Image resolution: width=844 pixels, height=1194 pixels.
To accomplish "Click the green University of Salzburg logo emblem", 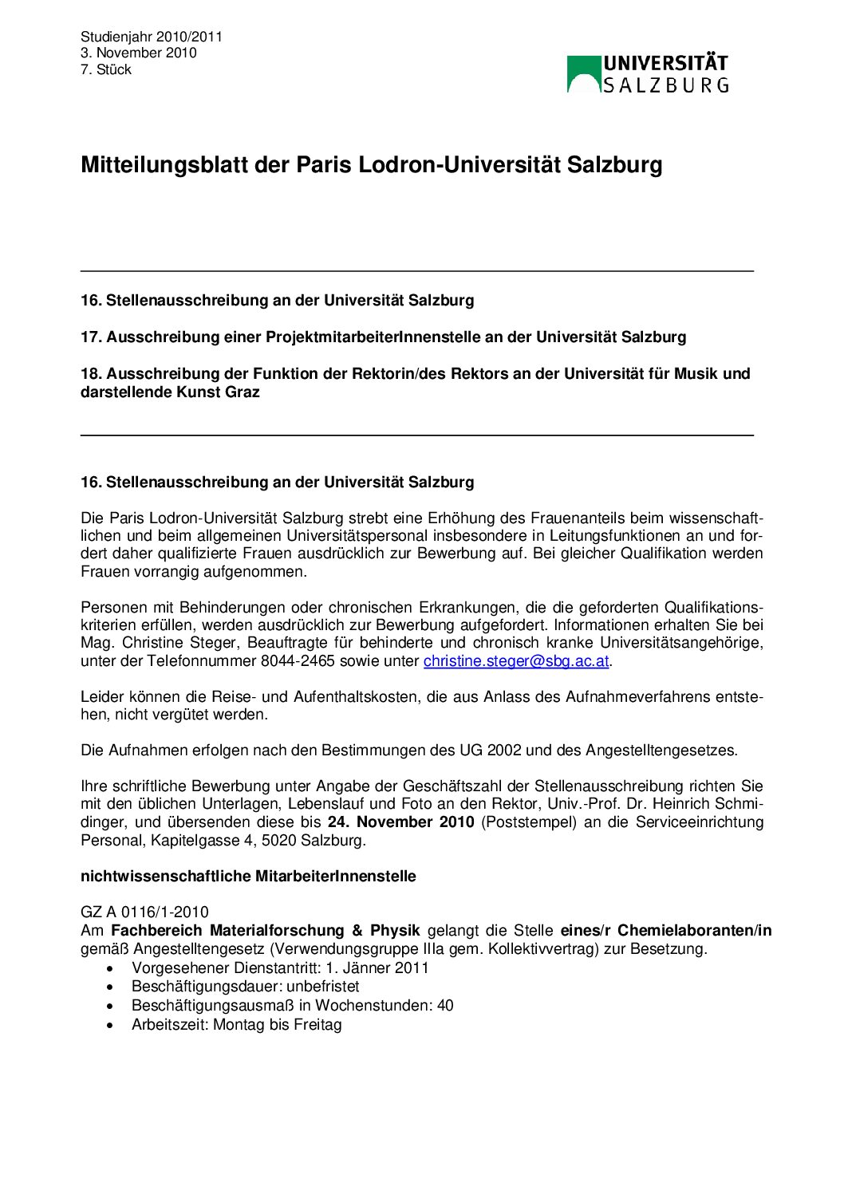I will (584, 74).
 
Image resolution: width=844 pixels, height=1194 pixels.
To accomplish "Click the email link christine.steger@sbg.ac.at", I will (516, 661).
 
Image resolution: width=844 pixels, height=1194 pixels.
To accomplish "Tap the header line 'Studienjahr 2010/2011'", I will (152, 37).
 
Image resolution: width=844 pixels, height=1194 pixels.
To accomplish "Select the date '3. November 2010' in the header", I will (139, 53).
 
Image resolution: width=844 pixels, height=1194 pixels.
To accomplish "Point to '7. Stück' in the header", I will (106, 70).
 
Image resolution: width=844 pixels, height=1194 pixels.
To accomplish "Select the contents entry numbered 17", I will (383, 337).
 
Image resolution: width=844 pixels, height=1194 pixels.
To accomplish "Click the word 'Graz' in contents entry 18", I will (243, 392).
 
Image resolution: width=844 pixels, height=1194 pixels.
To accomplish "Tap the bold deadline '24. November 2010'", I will (400, 822).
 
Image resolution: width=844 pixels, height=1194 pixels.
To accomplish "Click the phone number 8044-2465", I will (298, 661).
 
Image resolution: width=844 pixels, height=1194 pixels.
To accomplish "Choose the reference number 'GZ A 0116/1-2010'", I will (144, 912).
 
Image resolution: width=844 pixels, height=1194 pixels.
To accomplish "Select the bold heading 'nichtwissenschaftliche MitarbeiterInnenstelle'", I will (248, 877).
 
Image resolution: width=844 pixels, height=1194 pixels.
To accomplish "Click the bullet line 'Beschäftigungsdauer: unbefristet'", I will (245, 987).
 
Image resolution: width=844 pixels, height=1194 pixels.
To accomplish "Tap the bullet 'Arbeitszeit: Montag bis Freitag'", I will (236, 1025).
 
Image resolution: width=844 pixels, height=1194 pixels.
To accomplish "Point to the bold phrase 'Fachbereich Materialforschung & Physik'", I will (265, 931).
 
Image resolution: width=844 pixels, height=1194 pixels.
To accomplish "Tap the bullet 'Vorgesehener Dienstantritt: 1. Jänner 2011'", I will (280, 968).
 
